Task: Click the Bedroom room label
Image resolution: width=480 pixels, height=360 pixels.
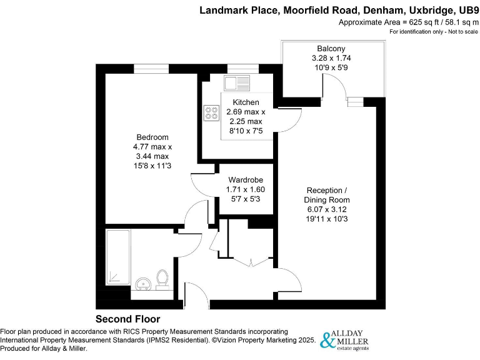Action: click(152, 137)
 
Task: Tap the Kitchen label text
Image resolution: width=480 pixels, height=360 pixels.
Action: click(246, 102)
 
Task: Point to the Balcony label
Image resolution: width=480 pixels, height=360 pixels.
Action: click(331, 49)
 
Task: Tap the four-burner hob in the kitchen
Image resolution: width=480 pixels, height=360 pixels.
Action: click(211, 112)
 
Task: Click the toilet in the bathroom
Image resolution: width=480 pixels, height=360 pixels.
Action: click(163, 278)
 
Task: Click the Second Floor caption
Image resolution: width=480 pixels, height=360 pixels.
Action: click(127, 319)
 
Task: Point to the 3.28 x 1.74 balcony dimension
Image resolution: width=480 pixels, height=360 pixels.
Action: click(331, 58)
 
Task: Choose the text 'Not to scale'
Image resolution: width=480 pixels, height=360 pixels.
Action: click(459, 31)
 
